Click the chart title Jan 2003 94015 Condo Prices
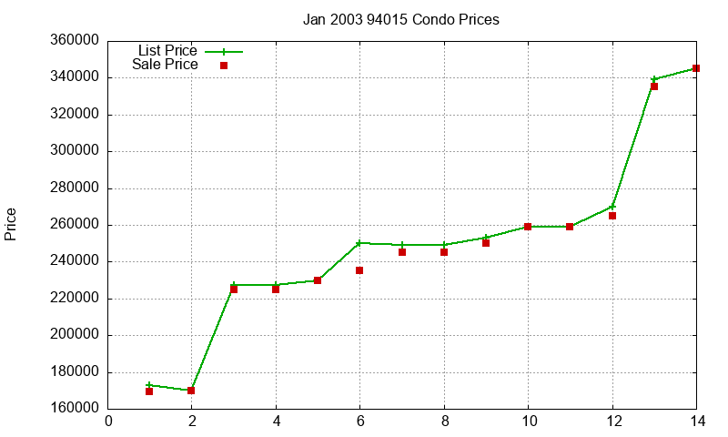(400, 19)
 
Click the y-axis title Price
(11, 224)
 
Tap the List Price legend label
(167, 51)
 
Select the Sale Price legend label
(165, 65)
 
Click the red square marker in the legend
(224, 66)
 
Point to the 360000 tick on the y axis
(76, 41)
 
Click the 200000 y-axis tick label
(76, 335)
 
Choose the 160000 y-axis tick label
(76, 409)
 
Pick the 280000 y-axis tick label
(76, 188)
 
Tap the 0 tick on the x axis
(109, 421)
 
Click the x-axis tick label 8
(444, 421)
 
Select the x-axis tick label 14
(696, 421)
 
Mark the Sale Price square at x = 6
(359, 270)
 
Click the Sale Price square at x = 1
(149, 391)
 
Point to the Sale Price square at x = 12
(612, 216)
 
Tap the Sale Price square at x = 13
(654, 86)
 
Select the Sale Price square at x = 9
(486, 243)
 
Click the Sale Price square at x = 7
(402, 252)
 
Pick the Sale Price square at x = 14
(696, 68)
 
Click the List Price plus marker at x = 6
(359, 243)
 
